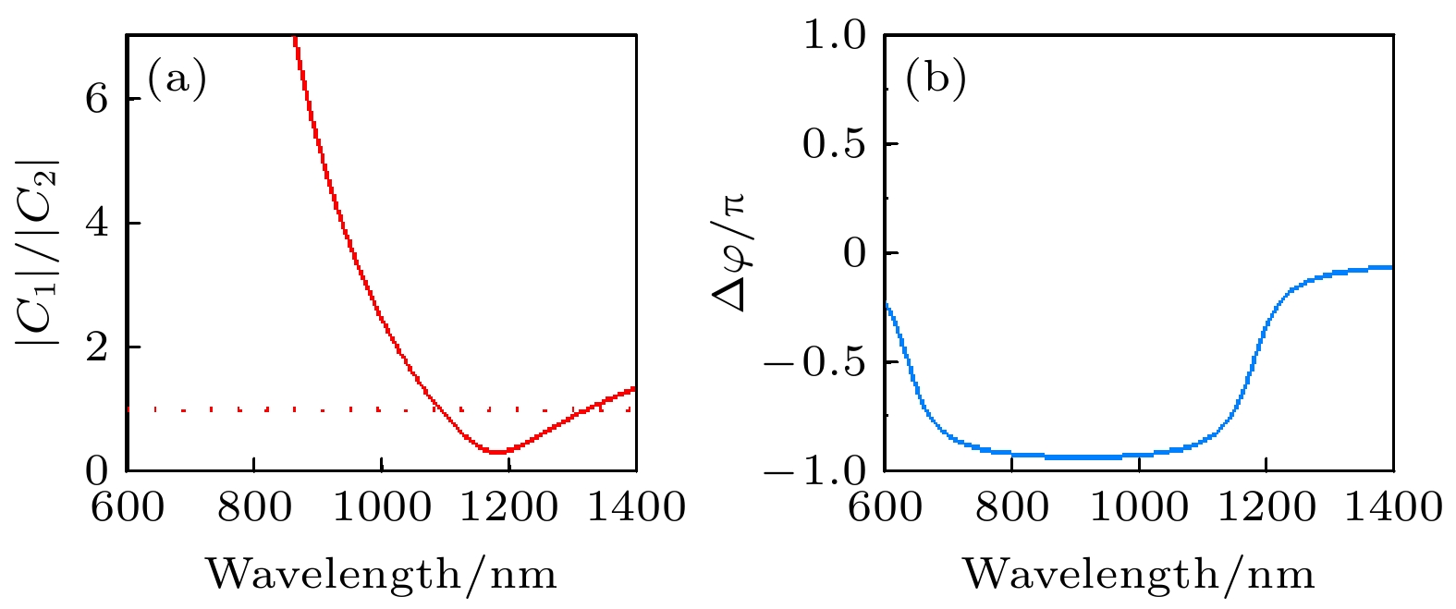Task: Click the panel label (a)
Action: pos(177,79)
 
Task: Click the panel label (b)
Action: pos(936,79)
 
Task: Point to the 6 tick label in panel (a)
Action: pos(97,99)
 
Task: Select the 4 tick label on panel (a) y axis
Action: pos(97,224)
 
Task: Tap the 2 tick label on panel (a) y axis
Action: pos(97,347)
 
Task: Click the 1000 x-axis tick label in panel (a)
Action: pos(381,507)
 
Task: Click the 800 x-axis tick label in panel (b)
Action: pos(1011,507)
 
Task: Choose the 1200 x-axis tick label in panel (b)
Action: pos(1266,507)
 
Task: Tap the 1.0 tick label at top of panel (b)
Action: pos(833,36)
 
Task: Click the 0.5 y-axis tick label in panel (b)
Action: pos(833,144)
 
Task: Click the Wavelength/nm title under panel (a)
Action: pos(381,575)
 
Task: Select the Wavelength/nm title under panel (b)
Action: pos(1139,575)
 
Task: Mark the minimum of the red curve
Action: pos(497,452)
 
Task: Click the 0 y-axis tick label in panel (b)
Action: pos(859,253)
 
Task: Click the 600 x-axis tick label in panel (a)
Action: pos(127,507)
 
